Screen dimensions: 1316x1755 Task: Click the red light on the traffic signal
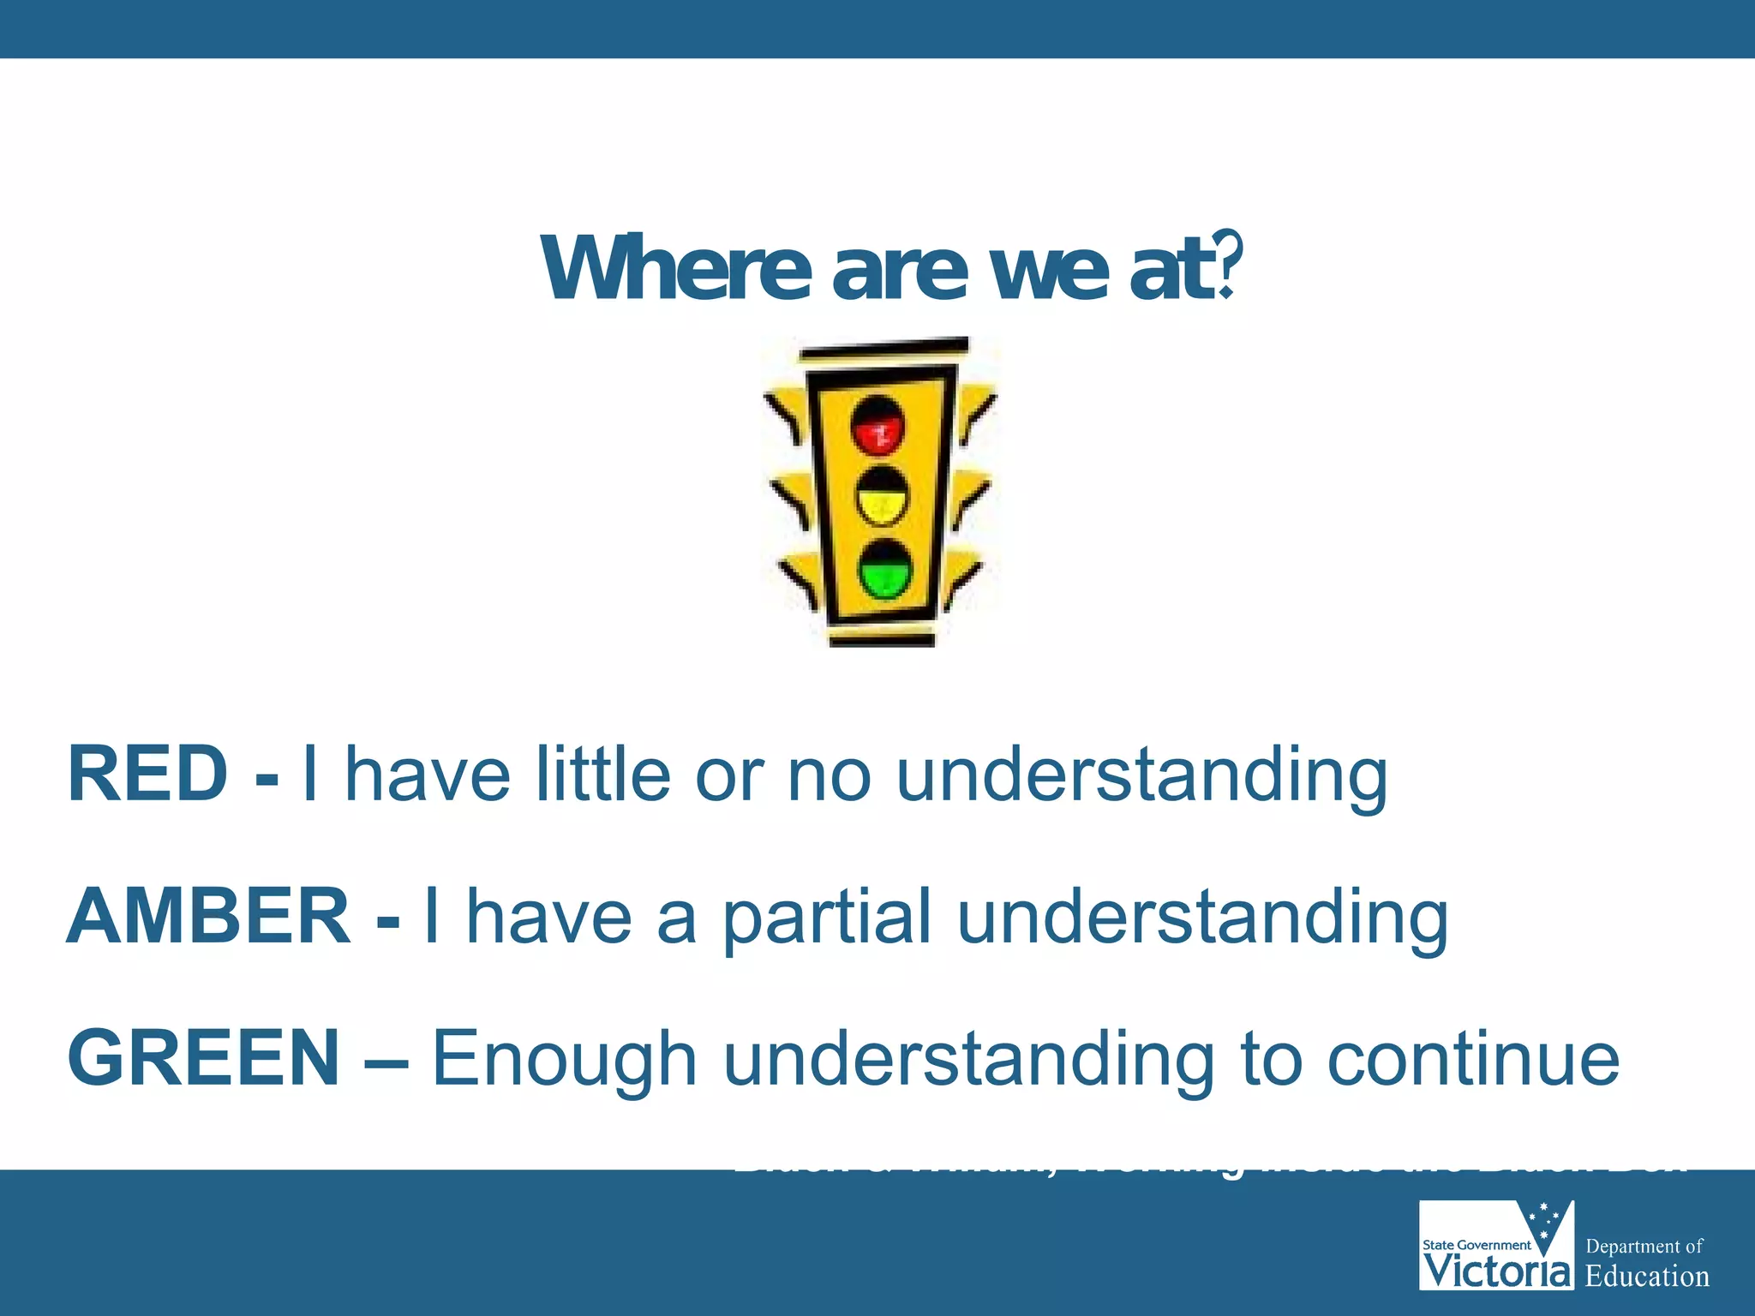[877, 426]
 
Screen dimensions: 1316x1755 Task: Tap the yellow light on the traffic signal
[883, 497]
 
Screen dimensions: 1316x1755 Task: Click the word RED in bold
[147, 774]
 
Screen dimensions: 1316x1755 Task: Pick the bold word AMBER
[208, 916]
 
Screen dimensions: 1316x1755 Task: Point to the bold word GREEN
[204, 1058]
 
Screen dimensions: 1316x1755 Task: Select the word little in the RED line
[602, 774]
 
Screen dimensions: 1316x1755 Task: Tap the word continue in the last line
[1473, 1059]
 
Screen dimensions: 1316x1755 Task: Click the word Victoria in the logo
[1497, 1271]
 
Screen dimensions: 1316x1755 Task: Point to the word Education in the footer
[1646, 1277]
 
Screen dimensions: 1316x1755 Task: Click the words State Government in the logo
[1476, 1245]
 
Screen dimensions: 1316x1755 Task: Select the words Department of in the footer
[1644, 1246]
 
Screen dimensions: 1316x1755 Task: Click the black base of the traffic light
[882, 639]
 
